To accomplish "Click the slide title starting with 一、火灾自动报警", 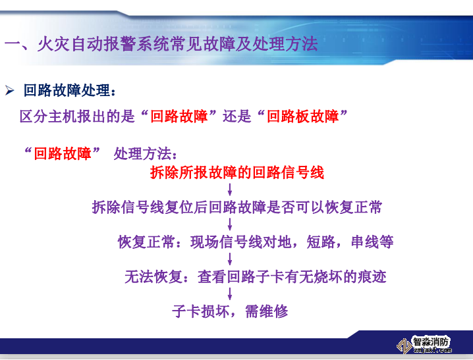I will pos(161,45).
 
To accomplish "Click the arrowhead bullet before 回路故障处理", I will pos(10,90).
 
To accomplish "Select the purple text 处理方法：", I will pos(145,154).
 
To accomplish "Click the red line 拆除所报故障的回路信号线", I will pos(237,173).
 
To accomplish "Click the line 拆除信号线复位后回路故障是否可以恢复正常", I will pos(237,208).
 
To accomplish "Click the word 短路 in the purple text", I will pos(321,242).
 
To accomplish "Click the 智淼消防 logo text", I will pos(431,342).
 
